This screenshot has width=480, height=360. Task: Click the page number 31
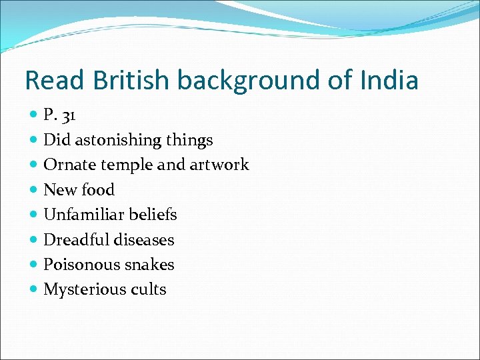click(x=69, y=115)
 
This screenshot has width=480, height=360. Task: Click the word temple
click(x=119, y=165)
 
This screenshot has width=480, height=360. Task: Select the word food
click(x=97, y=190)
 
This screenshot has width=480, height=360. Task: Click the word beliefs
click(x=153, y=215)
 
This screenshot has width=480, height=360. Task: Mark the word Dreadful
click(x=75, y=239)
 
